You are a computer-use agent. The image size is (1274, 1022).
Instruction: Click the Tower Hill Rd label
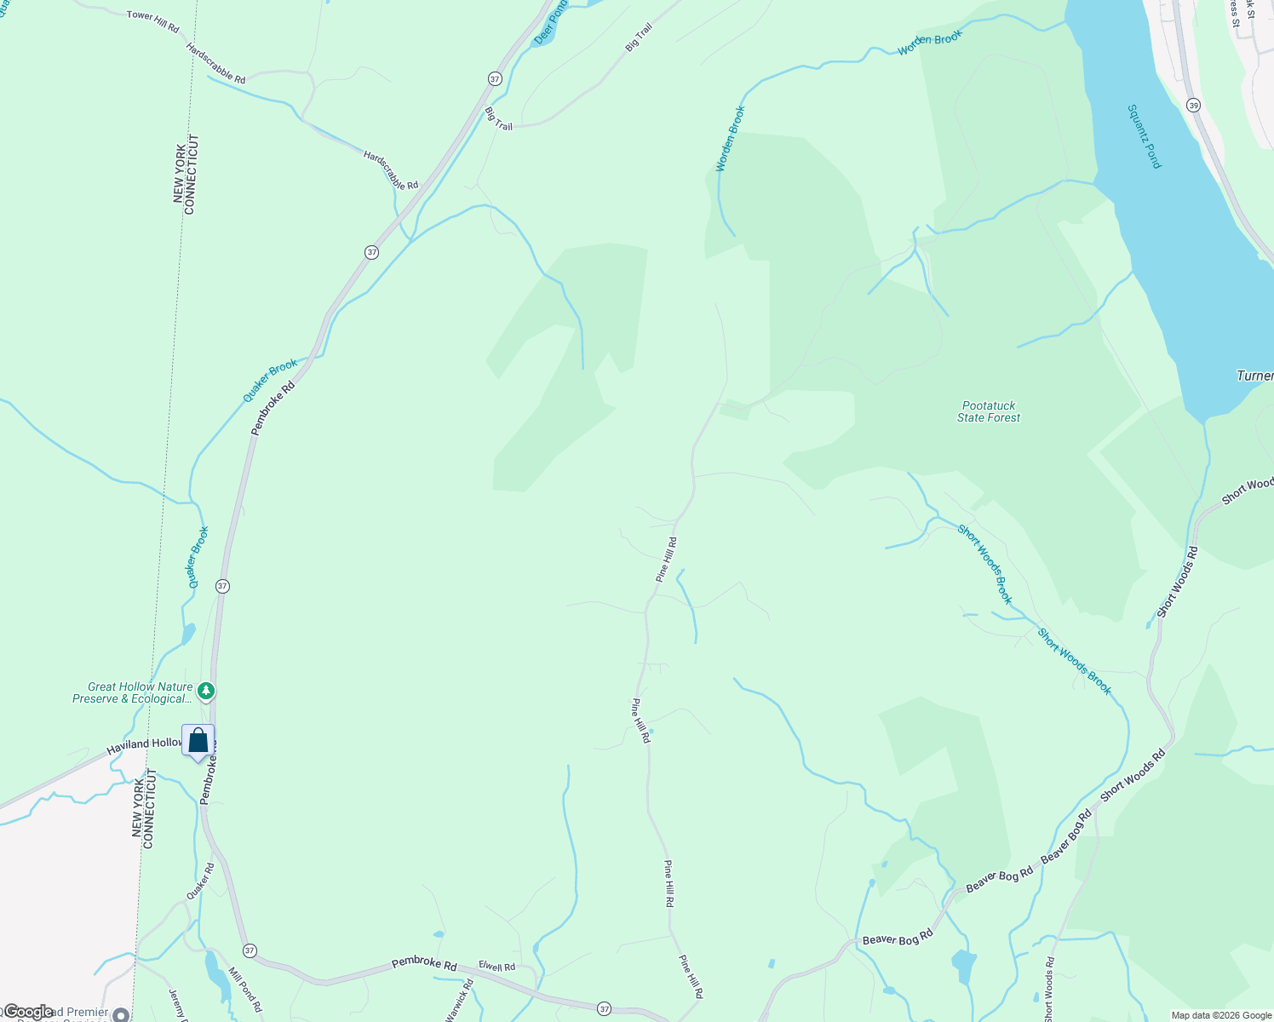tap(152, 21)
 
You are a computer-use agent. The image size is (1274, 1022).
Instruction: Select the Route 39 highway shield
tap(1193, 106)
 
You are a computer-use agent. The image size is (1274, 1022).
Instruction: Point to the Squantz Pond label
tap(1144, 136)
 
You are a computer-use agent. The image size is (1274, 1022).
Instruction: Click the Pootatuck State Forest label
tap(989, 411)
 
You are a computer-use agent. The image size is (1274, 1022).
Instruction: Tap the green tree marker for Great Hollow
tap(206, 690)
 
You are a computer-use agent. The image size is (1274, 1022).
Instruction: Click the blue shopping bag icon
tap(198, 741)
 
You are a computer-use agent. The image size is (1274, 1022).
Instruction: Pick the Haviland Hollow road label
tap(144, 745)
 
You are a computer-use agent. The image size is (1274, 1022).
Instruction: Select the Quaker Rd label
tap(200, 881)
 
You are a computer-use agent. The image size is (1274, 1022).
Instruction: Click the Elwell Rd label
tap(496, 967)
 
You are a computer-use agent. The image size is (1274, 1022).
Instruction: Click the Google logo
tap(28, 1012)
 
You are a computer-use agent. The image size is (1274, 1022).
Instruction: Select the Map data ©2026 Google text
tap(1220, 1015)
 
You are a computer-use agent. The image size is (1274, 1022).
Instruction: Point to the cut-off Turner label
tap(1254, 376)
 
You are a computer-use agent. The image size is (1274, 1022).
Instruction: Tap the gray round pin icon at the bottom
tap(121, 1014)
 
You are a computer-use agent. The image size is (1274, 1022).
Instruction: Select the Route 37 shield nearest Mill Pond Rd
tap(249, 950)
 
